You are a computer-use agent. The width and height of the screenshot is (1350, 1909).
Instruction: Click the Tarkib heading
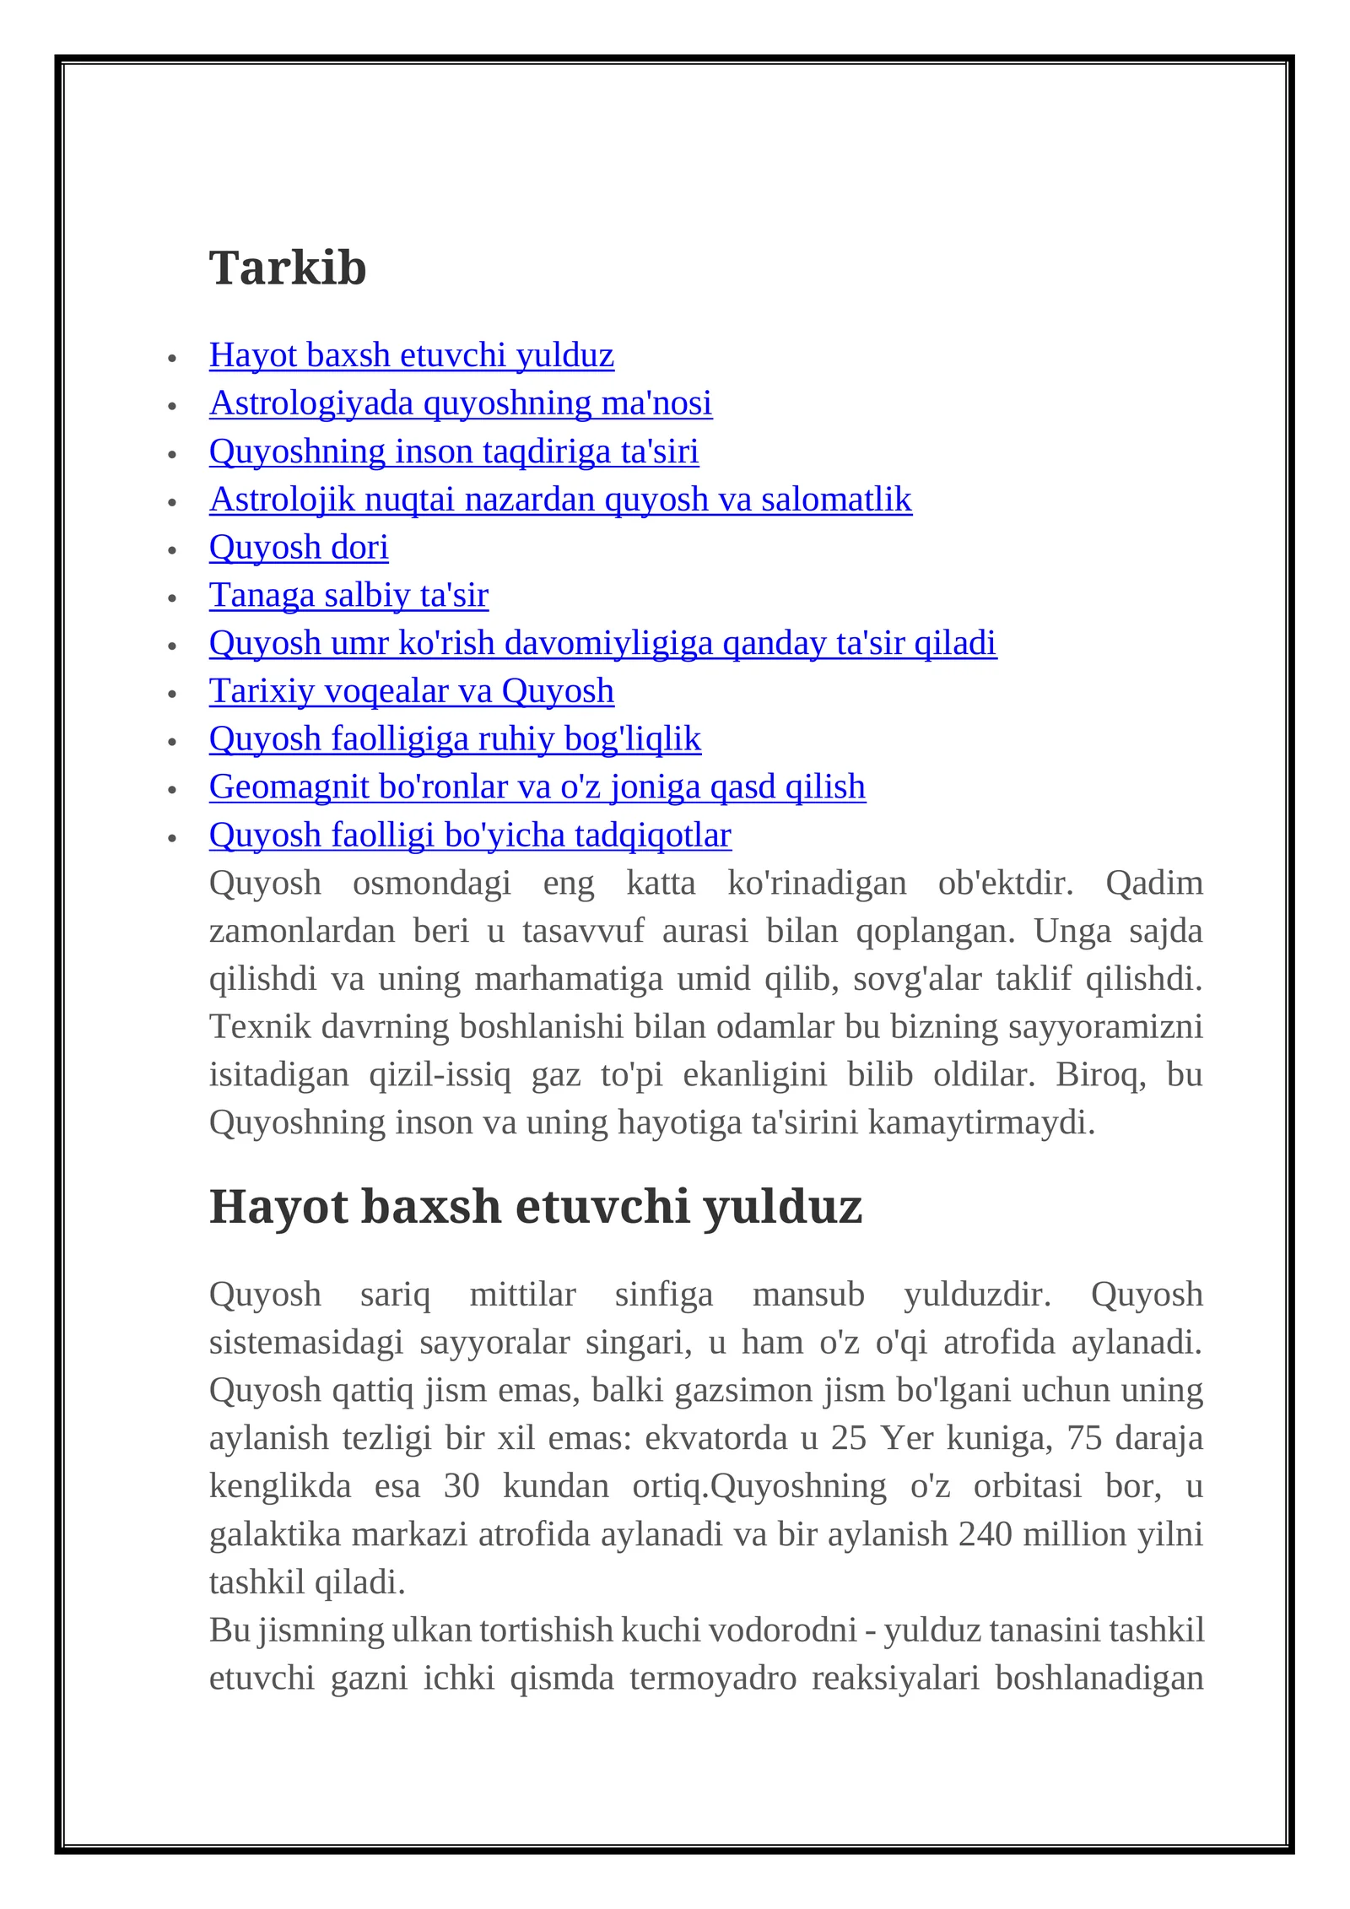coord(288,268)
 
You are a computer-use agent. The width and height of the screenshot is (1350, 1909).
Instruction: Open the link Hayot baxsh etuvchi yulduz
coord(411,355)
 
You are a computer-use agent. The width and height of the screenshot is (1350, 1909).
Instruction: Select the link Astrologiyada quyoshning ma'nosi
coord(460,403)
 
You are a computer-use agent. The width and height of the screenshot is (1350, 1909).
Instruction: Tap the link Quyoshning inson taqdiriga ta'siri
coord(453,452)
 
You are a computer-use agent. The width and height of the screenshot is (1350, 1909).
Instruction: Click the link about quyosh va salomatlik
coord(560,500)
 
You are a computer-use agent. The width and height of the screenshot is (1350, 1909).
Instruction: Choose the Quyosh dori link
coord(299,548)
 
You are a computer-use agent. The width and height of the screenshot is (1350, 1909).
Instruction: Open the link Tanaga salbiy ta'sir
coord(348,596)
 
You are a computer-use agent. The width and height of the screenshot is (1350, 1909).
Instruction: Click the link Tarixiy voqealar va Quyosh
coord(411,691)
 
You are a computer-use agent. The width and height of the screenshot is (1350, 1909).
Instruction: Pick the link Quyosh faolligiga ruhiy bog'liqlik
coord(455,739)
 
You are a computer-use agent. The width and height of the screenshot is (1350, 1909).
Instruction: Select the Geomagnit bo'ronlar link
coord(537,787)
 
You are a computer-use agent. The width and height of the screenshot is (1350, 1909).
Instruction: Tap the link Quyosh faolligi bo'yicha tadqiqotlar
coord(470,836)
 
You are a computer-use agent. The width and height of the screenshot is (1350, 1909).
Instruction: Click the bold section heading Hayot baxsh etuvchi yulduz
coord(535,1206)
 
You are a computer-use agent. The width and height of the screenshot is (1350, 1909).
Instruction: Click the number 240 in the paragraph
coord(985,1534)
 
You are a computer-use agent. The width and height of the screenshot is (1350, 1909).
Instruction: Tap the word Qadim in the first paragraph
coord(1153,884)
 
